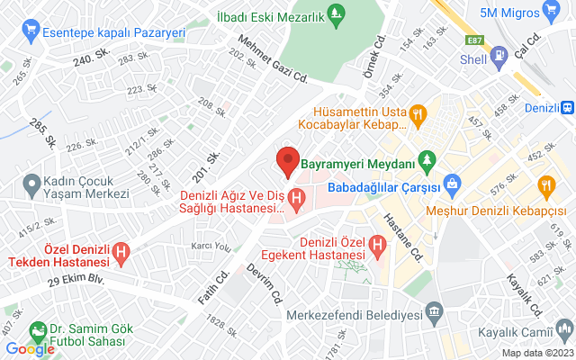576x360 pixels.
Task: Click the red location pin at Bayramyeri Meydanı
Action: point(287,160)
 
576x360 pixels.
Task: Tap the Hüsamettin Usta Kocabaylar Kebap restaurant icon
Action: point(417,113)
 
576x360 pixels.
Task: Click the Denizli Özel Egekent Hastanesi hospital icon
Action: point(380,243)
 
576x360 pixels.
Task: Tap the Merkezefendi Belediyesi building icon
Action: point(435,315)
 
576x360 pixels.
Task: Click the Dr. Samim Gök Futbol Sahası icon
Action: point(37,330)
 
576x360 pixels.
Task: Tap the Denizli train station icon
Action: point(568,105)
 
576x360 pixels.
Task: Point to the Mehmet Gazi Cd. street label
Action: point(274,60)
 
